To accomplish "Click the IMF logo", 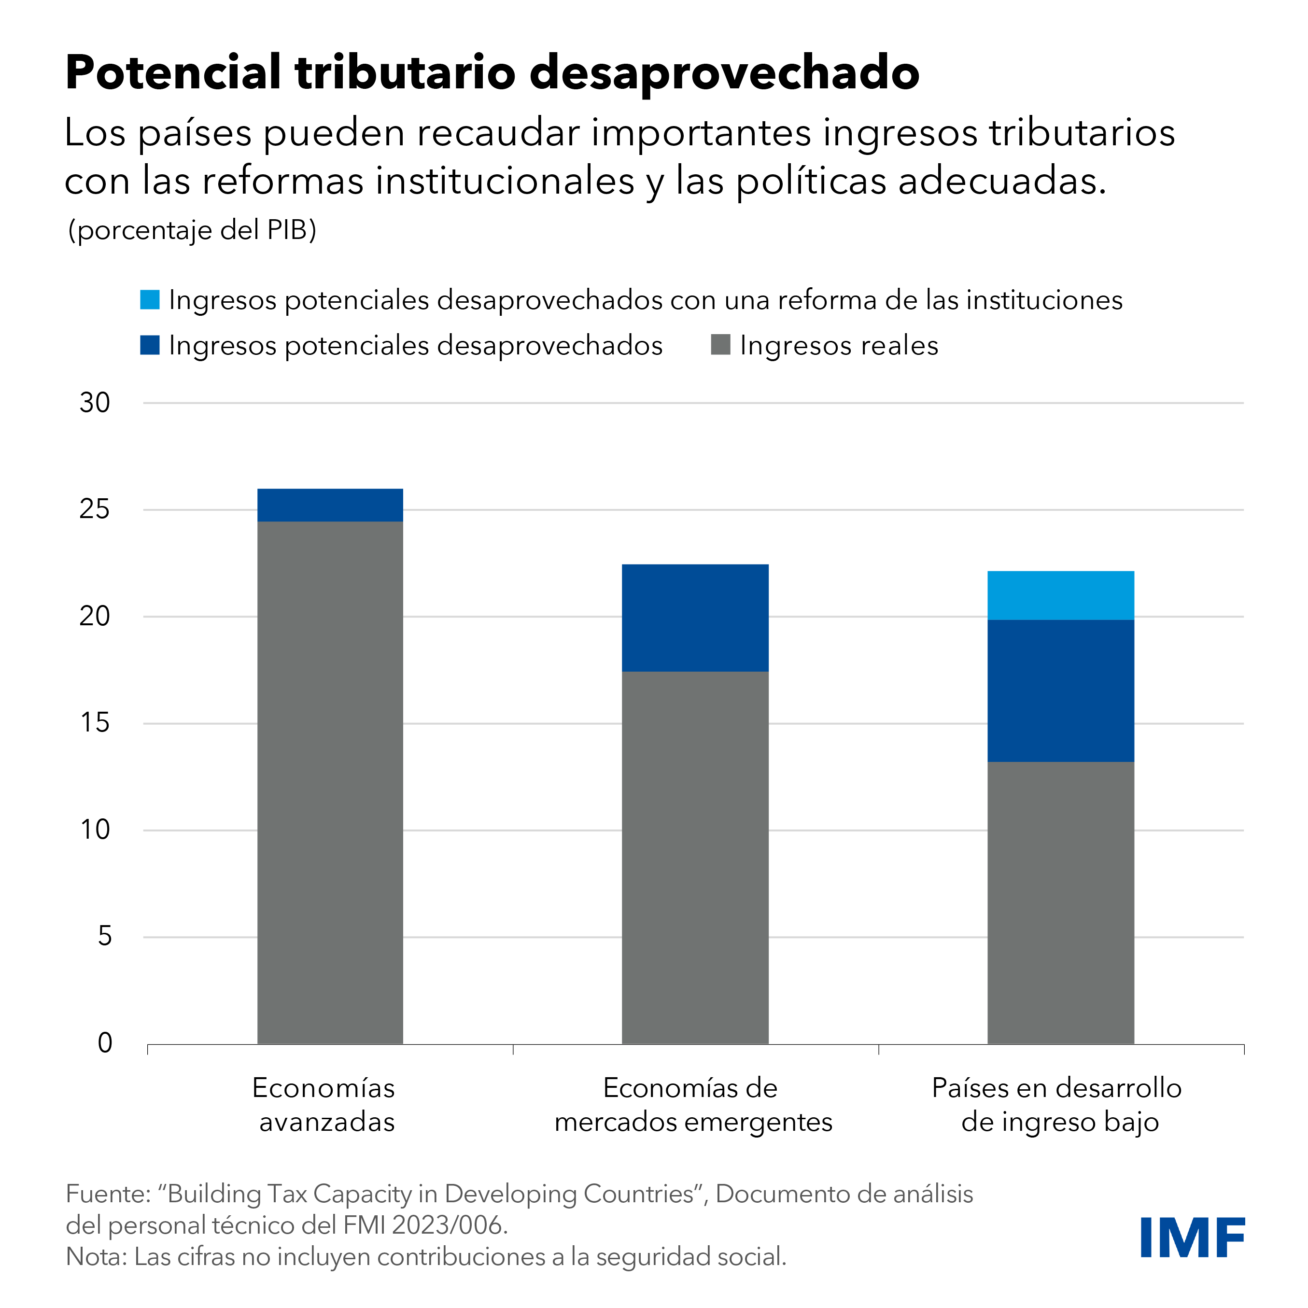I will click(1192, 1237).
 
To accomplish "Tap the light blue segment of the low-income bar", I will click(1060, 595).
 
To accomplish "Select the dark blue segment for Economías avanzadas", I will click(330, 505).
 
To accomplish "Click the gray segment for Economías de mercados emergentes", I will click(695, 857).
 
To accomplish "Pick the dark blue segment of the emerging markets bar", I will click(695, 618).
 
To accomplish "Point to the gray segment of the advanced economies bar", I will click(330, 782).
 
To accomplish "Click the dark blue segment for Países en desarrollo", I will click(1060, 690).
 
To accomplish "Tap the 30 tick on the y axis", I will click(95, 403).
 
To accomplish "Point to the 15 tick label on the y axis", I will click(95, 723).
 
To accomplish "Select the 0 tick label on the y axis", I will click(104, 1043).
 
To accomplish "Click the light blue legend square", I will click(150, 300).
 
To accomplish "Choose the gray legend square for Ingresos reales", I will click(720, 345).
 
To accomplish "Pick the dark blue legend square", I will click(150, 345).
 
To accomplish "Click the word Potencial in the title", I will click(173, 72).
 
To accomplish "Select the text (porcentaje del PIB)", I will click(192, 230).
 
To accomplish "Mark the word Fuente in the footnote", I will click(104, 1194).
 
